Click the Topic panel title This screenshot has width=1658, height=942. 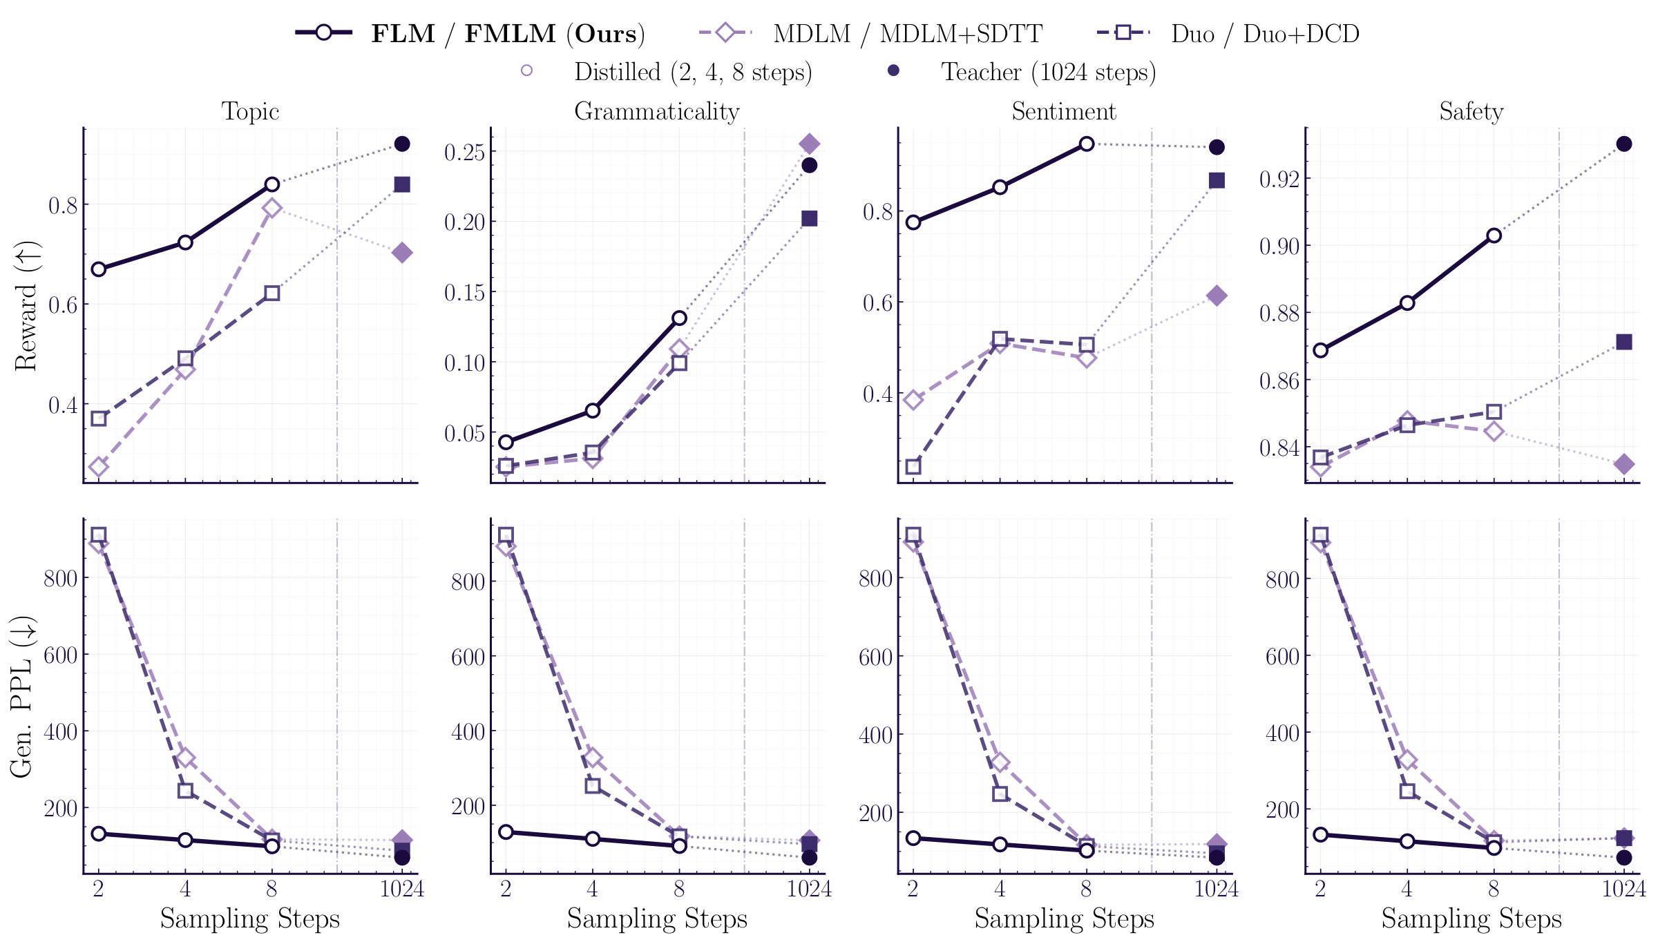tap(250, 111)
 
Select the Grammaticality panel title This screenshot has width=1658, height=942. tap(656, 111)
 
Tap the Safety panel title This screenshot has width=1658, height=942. tap(1471, 111)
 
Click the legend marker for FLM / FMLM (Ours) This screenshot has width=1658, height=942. tap(324, 32)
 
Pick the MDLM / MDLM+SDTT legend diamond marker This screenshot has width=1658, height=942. tap(725, 32)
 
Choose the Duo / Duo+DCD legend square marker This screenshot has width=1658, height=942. tap(1123, 32)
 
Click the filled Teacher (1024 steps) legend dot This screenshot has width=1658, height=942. tap(893, 70)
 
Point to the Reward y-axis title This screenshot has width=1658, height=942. tap(26, 306)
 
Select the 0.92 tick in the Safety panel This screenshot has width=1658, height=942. tap(1279, 180)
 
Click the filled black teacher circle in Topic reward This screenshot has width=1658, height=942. tap(402, 144)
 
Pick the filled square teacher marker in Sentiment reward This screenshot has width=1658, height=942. tap(1217, 180)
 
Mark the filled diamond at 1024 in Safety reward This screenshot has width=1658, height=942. tap(1624, 464)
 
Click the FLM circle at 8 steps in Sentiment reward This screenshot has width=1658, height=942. tap(1087, 144)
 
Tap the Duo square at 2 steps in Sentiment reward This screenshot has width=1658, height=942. tap(913, 467)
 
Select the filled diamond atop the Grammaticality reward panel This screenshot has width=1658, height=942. tap(809, 144)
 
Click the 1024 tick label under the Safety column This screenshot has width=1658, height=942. tap(1623, 889)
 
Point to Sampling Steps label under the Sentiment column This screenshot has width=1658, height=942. tap(1064, 919)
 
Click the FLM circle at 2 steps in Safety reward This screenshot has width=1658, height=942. tap(1320, 350)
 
